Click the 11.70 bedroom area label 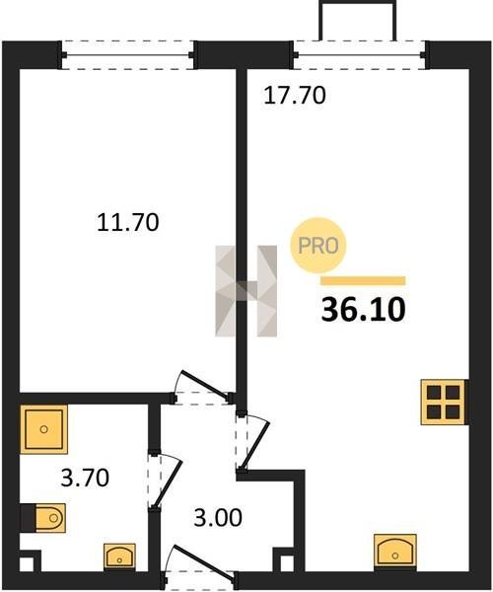tap(128, 222)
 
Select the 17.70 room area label tap(294, 95)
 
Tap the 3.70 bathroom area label tap(85, 478)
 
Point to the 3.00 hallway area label tap(218, 518)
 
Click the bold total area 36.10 tap(363, 309)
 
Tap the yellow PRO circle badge tap(317, 246)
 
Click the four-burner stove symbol tap(443, 403)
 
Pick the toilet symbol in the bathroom tap(50, 518)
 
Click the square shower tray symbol tap(43, 429)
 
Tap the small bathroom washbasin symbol tap(119, 556)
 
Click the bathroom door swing tap(165, 481)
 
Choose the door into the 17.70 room tap(253, 441)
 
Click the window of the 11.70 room tap(127, 55)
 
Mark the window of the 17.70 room tap(360, 55)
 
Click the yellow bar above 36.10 tap(363, 280)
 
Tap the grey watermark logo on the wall tap(246, 291)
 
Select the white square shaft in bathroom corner tap(26, 564)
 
